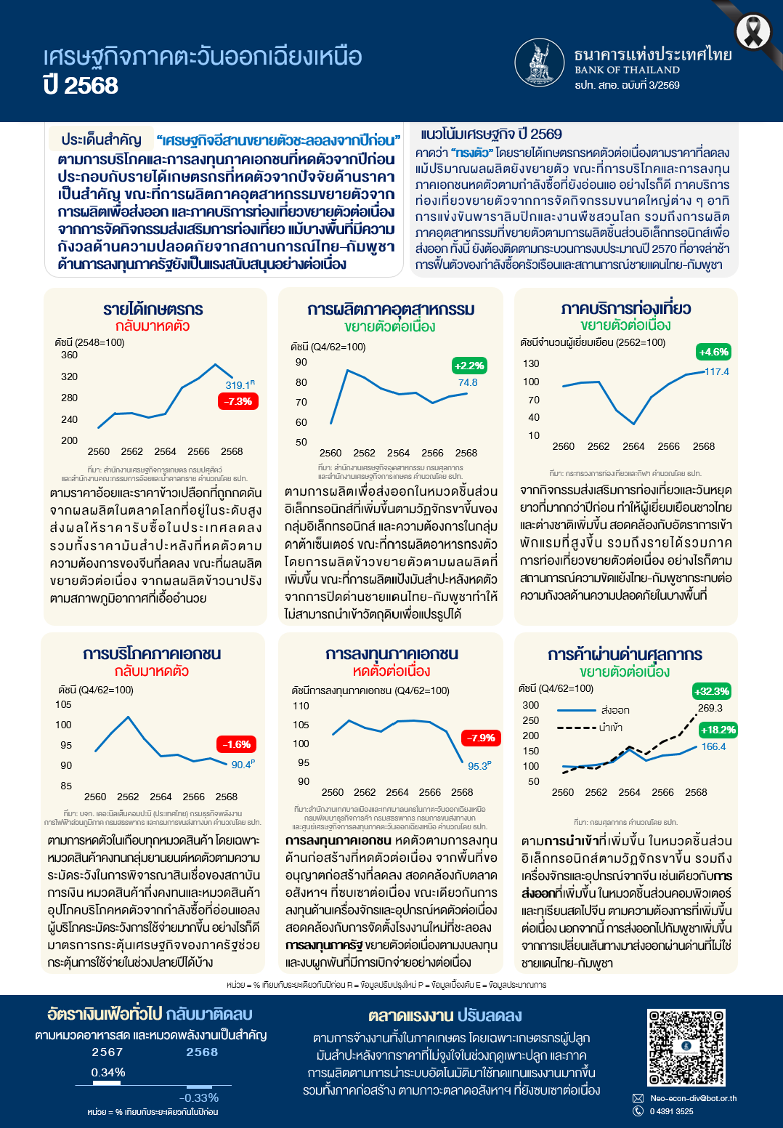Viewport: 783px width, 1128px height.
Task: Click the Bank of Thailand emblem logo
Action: coord(540,63)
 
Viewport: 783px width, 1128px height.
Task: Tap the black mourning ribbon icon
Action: coord(753,32)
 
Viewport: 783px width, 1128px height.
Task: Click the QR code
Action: coord(686,1047)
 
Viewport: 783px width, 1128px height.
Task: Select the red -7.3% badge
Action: coord(238,401)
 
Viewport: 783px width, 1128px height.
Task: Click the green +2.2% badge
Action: coord(468,366)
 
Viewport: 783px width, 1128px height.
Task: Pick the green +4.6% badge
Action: coord(713,352)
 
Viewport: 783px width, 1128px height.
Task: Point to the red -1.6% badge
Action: coord(237,744)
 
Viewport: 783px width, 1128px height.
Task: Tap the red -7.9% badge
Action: coord(481,738)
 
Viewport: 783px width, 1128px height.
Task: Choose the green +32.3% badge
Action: coord(711,691)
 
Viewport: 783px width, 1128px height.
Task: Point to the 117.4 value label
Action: coord(717,371)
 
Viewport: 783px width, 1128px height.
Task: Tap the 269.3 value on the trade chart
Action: coord(710,708)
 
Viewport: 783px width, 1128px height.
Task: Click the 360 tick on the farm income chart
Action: coord(69,355)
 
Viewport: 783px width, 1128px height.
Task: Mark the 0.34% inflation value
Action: coord(108,1072)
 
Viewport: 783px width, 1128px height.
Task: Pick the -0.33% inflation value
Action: coord(199,1097)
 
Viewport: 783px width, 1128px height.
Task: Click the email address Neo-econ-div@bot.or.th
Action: coord(693,1098)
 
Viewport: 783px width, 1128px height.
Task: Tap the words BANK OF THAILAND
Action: coord(627,70)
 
